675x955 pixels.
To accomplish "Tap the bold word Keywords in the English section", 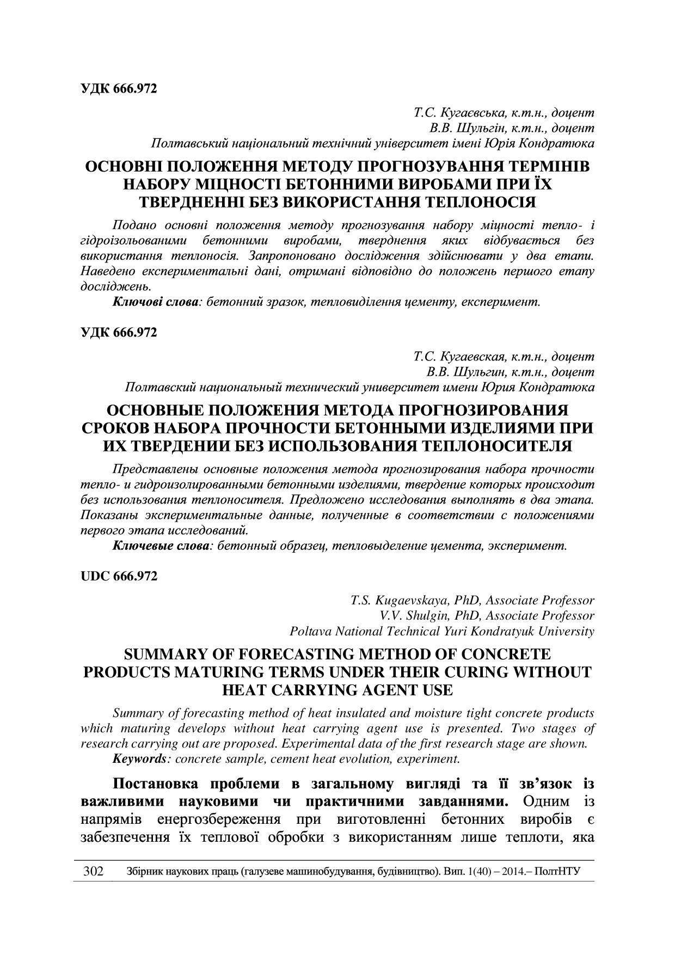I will [x=138, y=758].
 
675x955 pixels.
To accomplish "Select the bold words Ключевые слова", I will [x=161, y=545].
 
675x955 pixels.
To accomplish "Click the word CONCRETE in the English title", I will [x=506, y=654].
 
